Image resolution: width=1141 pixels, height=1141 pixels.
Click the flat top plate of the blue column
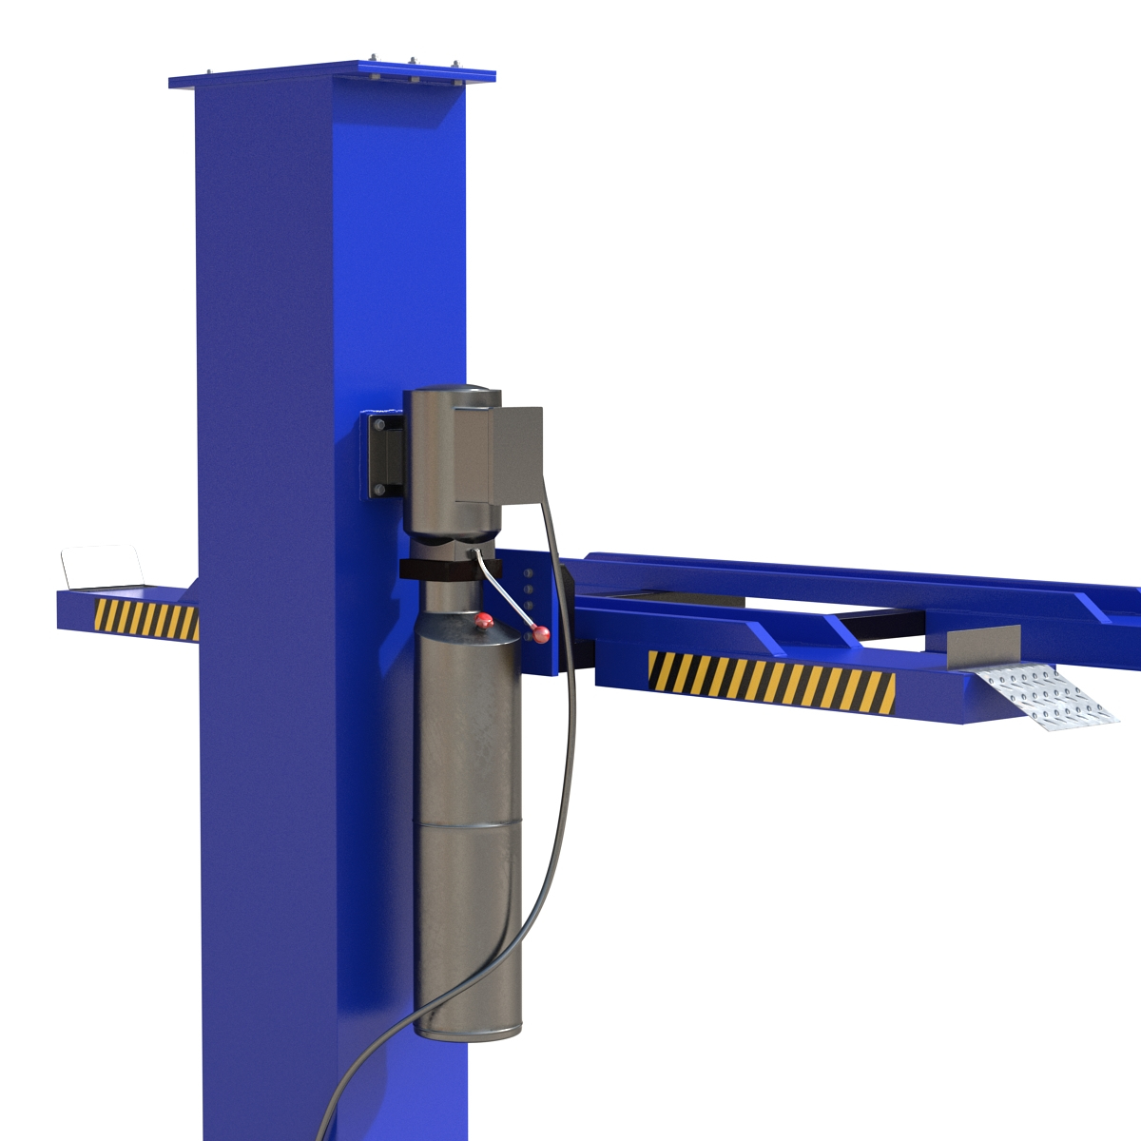pyautogui.click(x=333, y=75)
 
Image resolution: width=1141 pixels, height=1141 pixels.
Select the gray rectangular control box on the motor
pyautogui.click(x=514, y=454)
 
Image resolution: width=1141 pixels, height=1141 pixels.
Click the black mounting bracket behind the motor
pyautogui.click(x=383, y=455)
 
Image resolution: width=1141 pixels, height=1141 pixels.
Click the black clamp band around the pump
pyautogui.click(x=447, y=570)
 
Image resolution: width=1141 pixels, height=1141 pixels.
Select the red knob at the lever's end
pyautogui.click(x=541, y=634)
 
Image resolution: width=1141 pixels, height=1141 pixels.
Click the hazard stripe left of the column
pyautogui.click(x=146, y=619)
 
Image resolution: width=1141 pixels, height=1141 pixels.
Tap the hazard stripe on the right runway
pyautogui.click(x=770, y=681)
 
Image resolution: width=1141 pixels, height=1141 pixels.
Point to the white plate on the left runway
pyautogui.click(x=101, y=568)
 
